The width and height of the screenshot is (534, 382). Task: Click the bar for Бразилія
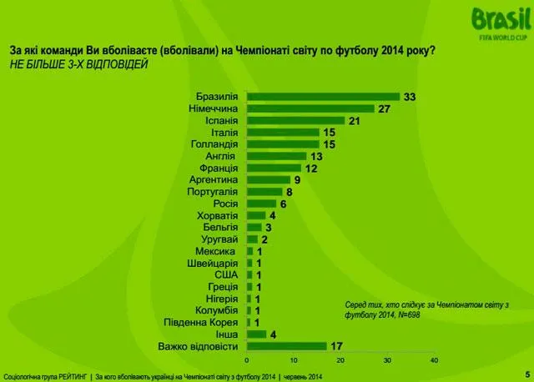323,97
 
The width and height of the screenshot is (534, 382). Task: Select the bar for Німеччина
310,108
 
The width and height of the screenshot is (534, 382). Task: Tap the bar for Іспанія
295,120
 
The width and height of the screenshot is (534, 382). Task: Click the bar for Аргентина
267,179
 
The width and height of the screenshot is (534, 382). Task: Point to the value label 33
409,97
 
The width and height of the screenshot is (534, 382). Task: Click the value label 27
385,108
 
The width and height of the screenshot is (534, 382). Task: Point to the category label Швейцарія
214,263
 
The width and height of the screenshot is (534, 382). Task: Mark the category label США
227,274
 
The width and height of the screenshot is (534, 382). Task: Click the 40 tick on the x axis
433,359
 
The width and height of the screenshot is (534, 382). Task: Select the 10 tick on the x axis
294,359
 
